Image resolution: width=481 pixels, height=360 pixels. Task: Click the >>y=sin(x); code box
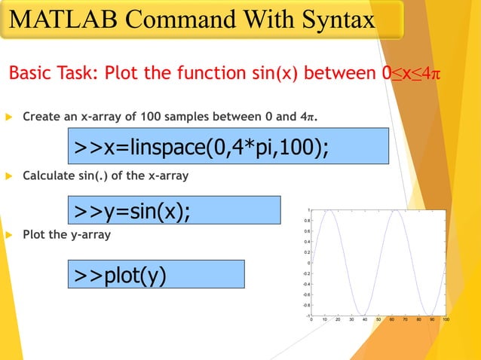coord(173,210)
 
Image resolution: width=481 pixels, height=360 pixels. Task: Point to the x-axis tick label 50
coord(379,319)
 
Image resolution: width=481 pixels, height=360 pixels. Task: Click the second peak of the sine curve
coord(395,210)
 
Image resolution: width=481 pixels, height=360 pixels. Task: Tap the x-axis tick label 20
coord(339,319)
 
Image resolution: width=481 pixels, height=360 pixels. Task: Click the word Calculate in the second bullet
coord(46,175)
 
